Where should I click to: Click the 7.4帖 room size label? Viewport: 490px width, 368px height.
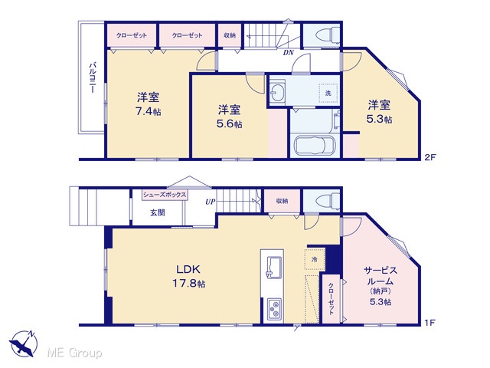click(148, 112)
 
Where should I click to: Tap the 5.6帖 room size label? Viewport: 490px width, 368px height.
click(229, 124)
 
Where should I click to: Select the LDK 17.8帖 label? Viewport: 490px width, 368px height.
click(188, 276)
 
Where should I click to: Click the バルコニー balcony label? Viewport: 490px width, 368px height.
click(92, 77)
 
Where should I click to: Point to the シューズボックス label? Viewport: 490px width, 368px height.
click(165, 195)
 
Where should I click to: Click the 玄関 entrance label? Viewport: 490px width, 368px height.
click(158, 213)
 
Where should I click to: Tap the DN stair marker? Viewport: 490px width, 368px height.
click(289, 53)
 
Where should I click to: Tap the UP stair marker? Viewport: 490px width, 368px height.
click(211, 202)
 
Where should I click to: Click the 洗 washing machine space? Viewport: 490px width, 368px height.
click(328, 93)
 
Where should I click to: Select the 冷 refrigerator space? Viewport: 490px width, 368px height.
click(315, 259)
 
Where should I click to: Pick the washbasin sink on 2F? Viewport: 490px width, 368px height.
click(277, 91)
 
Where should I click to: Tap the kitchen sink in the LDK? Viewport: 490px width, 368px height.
click(274, 266)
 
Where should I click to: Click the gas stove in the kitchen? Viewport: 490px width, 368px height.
click(274, 309)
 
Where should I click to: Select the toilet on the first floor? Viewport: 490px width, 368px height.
click(328, 200)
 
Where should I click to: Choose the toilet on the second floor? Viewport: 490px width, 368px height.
click(328, 34)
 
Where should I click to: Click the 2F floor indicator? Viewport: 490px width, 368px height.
click(430, 157)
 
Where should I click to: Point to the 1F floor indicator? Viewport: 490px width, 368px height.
click(430, 323)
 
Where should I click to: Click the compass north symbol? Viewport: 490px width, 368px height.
click(24, 343)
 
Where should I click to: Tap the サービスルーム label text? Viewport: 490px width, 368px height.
click(381, 275)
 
